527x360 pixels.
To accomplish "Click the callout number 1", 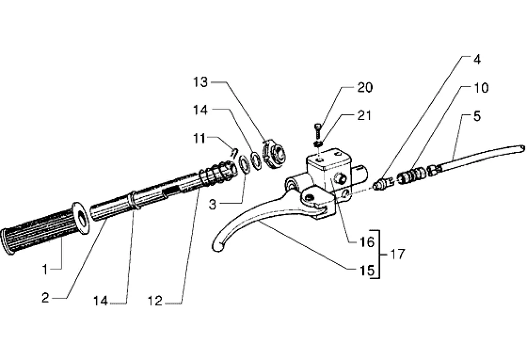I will click(x=45, y=268).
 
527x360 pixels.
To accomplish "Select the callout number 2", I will click(x=45, y=298).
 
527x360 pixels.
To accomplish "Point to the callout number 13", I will click(x=200, y=82).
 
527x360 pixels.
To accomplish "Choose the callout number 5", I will click(x=477, y=116).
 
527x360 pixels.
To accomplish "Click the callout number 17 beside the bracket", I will click(x=397, y=254).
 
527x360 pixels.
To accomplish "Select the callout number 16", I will click(x=365, y=241).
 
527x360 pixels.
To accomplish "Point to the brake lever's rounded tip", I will click(x=218, y=244).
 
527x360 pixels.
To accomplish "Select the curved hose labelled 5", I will click(x=479, y=158).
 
